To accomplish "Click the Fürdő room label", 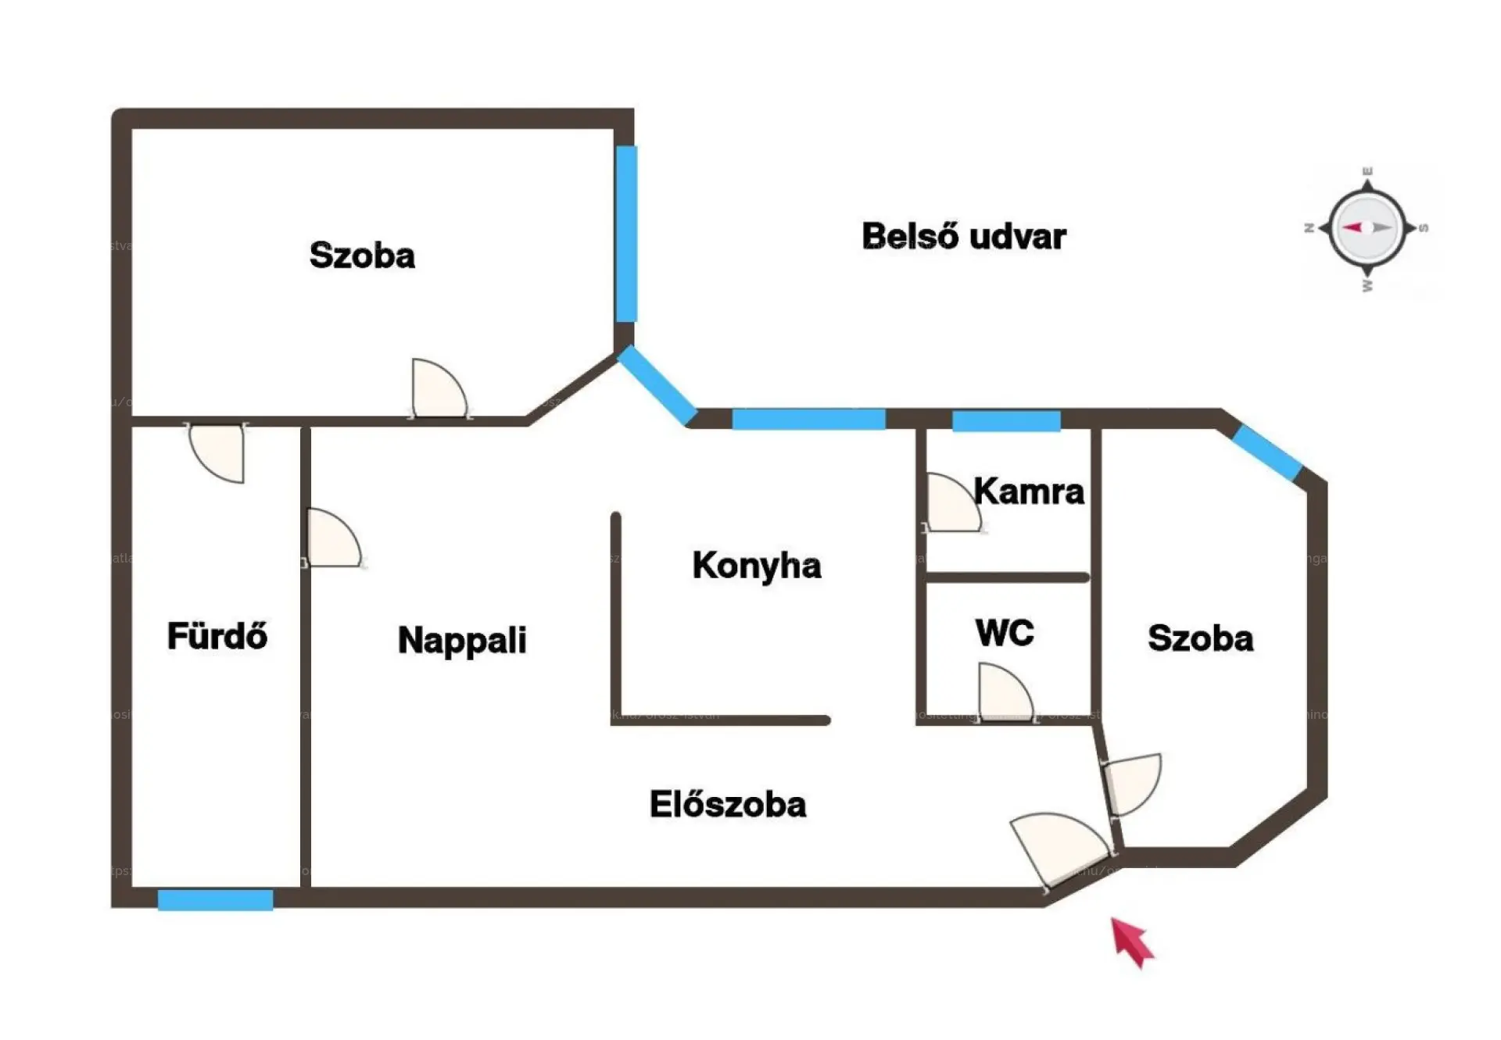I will (217, 636).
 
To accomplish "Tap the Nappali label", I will (461, 641).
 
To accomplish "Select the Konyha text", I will (756, 566).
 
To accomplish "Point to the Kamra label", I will (1028, 491).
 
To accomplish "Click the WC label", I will (1005, 632).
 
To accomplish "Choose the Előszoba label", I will (727, 805).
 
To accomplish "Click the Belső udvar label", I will (963, 237).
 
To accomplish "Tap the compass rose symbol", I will (1367, 228).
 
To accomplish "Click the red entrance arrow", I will (1131, 942).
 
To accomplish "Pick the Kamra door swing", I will (950, 505).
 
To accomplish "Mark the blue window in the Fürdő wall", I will (215, 899).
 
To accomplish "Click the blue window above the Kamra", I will (1006, 421).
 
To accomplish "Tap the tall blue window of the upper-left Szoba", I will (625, 234).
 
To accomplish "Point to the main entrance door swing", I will (1059, 848).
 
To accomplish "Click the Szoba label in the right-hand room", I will (1200, 638).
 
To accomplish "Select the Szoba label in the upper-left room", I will (362, 256).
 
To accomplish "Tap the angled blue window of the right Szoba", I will (1267, 453).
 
